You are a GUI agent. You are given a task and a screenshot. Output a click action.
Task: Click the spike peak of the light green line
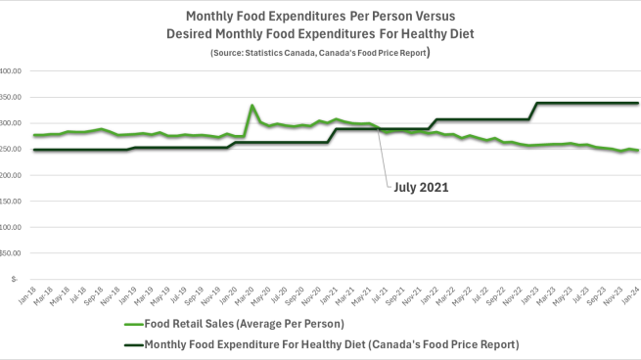coord(252,106)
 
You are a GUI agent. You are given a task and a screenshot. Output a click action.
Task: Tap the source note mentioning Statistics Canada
coord(320,52)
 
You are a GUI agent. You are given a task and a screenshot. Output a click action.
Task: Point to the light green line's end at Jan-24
coord(637,151)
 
